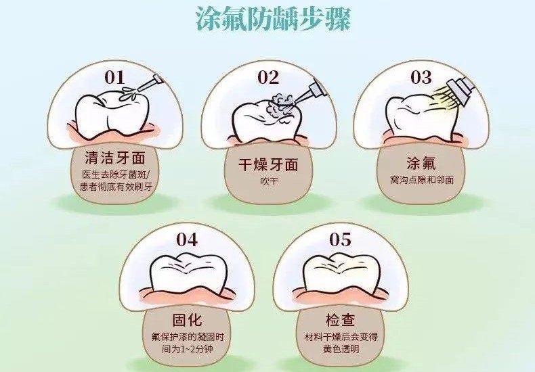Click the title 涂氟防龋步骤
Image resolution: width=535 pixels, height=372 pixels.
(274, 19)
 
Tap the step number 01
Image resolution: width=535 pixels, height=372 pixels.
(114, 77)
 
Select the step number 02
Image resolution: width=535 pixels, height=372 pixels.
(268, 77)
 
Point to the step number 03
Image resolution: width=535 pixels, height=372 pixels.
(421, 77)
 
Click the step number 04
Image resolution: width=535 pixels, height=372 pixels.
(187, 239)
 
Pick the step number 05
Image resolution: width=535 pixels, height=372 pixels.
(340, 239)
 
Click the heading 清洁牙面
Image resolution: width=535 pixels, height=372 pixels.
(115, 158)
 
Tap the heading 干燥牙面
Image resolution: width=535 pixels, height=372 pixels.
(268, 164)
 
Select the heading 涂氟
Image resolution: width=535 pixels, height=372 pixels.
(421, 163)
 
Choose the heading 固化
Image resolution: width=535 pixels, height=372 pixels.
(187, 320)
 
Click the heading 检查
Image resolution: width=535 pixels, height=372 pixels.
(340, 320)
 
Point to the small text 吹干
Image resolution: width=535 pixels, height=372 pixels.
(269, 181)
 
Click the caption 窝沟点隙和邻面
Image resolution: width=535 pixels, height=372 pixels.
(422, 179)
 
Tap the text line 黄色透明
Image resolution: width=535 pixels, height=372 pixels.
(341, 349)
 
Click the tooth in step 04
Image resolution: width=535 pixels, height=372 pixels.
(187, 273)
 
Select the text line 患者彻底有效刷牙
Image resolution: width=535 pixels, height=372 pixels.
(116, 187)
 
